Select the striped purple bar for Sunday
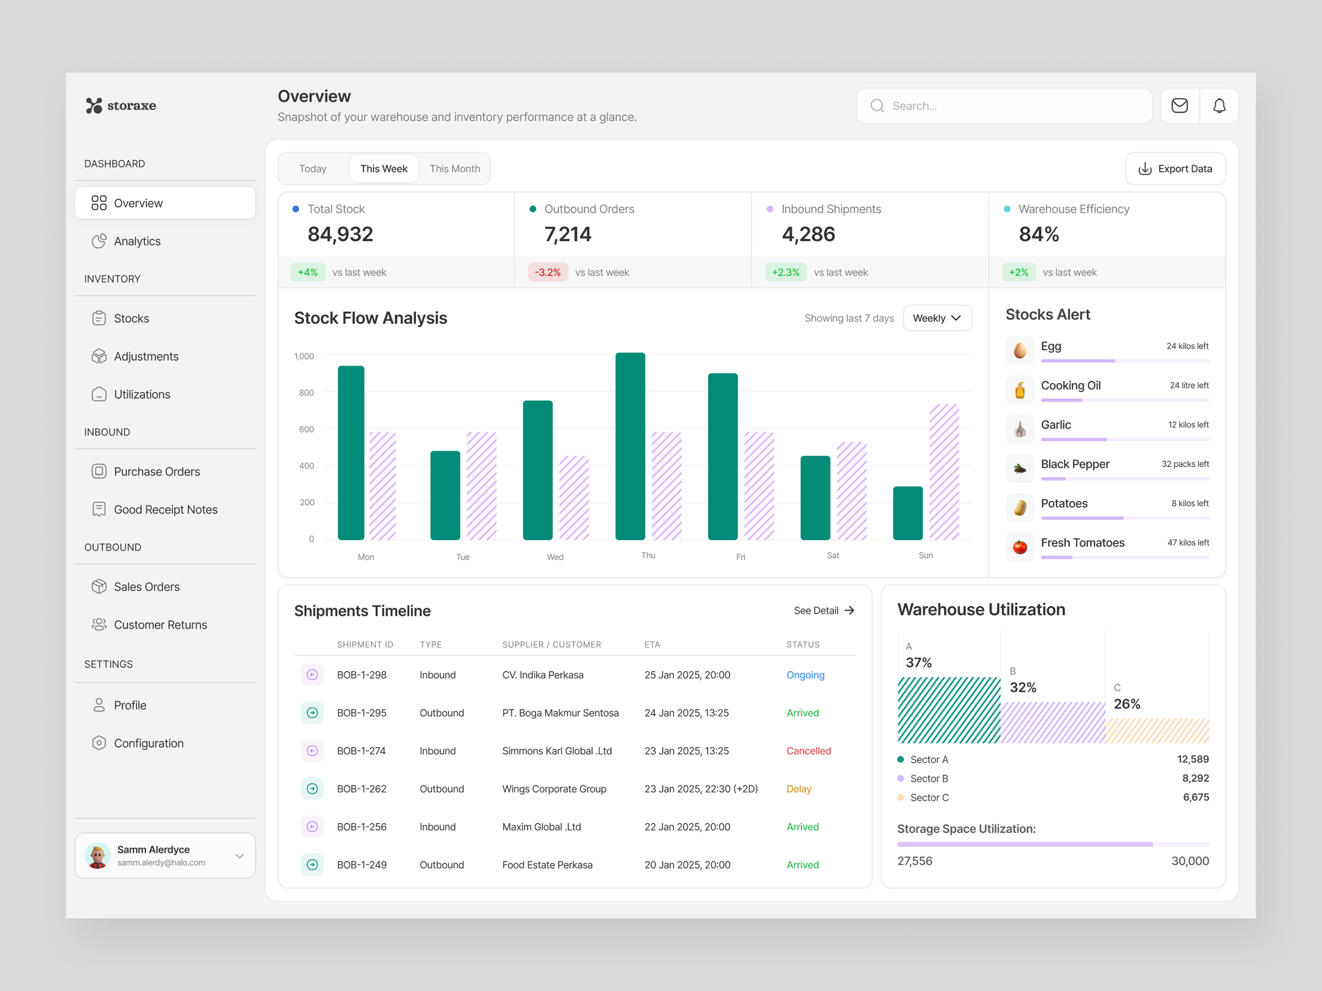coord(944,472)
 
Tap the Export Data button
coord(1175,168)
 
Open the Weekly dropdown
coord(937,318)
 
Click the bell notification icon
coord(1219,106)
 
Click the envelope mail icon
coord(1179,106)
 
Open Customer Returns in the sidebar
coord(160,625)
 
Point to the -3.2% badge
coord(547,273)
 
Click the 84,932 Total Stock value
coord(340,234)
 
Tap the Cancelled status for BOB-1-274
coord(808,751)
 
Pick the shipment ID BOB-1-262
coord(361,789)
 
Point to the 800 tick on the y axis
coord(306,392)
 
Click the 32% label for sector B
coord(1022,687)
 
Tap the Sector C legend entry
coord(929,797)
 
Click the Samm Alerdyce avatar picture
coord(97,856)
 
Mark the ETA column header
coord(651,645)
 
